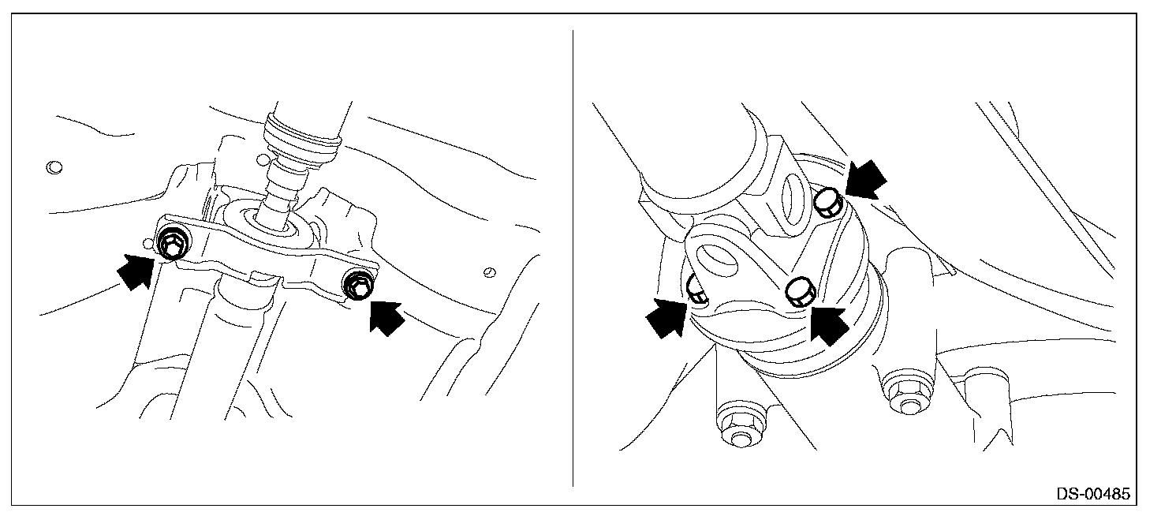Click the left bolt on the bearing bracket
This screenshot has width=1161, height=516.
pyautogui.click(x=172, y=243)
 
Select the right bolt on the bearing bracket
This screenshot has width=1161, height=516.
pyautogui.click(x=358, y=285)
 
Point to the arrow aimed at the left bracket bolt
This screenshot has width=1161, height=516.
pyautogui.click(x=136, y=270)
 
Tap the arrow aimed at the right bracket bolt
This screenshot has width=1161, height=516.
pyautogui.click(x=386, y=318)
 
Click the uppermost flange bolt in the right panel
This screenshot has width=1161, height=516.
pyautogui.click(x=829, y=202)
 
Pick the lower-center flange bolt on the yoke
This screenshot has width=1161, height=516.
pyautogui.click(x=801, y=292)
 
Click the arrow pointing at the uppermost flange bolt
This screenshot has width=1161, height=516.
pyautogui.click(x=865, y=179)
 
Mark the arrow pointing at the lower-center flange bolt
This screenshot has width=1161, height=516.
pyautogui.click(x=829, y=325)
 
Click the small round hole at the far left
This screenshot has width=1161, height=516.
pyautogui.click(x=54, y=167)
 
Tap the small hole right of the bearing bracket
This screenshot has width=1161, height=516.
pyautogui.click(x=489, y=271)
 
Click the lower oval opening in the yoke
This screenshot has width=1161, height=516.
pyautogui.click(x=717, y=260)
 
